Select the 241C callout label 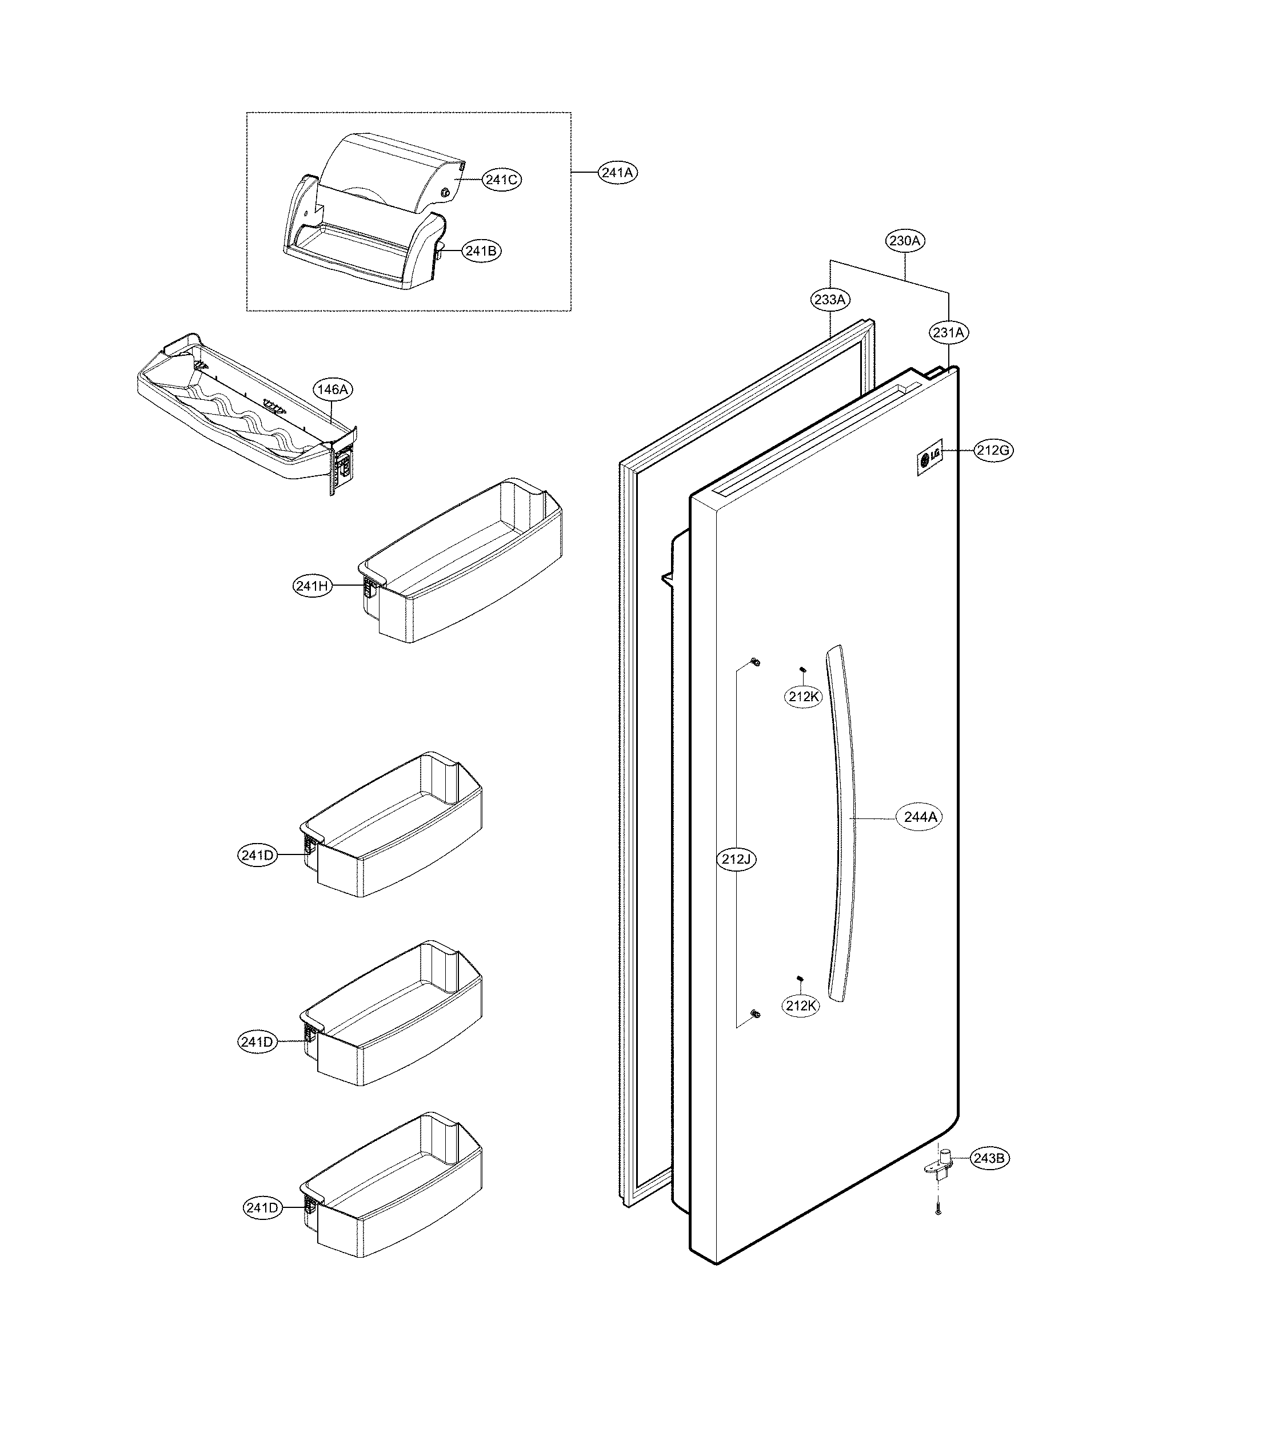pyautogui.click(x=502, y=180)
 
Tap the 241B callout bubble pyautogui.click(x=481, y=251)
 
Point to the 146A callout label pyautogui.click(x=333, y=389)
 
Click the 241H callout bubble pyautogui.click(x=312, y=586)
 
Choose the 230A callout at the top pyautogui.click(x=905, y=241)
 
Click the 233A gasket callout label pyautogui.click(x=830, y=300)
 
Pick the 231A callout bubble pyautogui.click(x=948, y=332)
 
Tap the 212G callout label pyautogui.click(x=993, y=450)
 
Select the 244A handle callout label pyautogui.click(x=920, y=817)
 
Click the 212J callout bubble pyautogui.click(x=736, y=860)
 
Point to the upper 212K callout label pyautogui.click(x=804, y=697)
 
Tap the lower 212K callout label pyautogui.click(x=801, y=1005)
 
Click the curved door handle pyautogui.click(x=842, y=821)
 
